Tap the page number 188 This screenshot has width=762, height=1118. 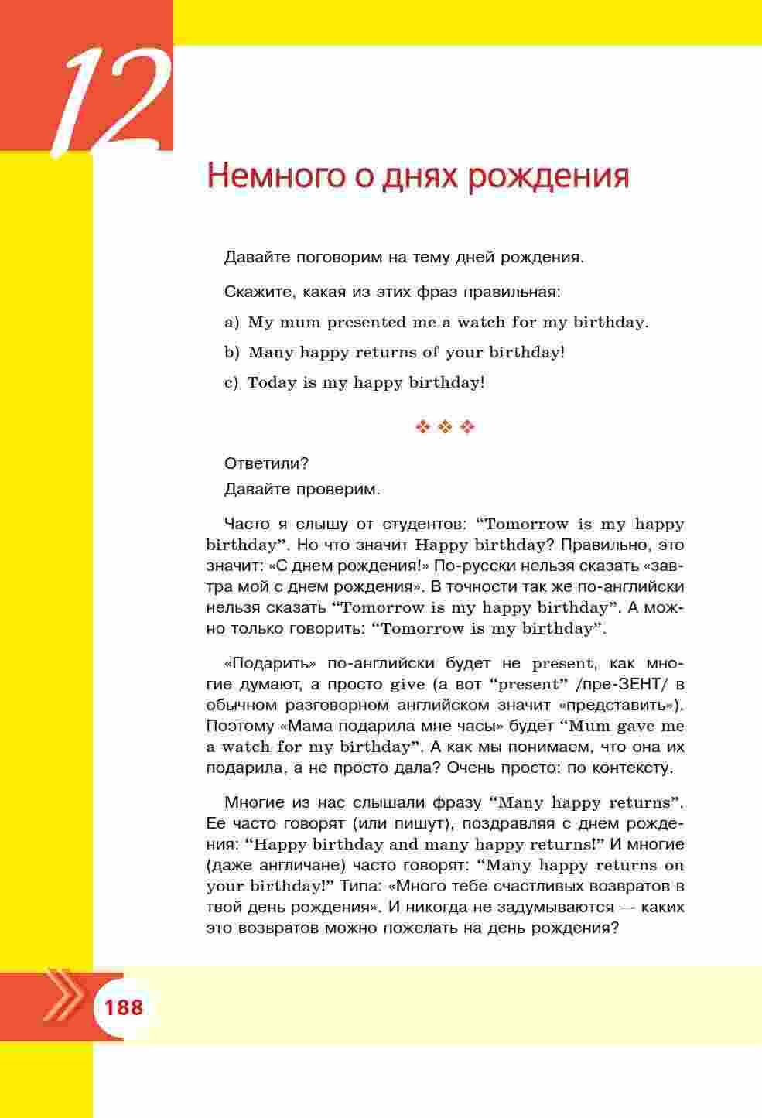click(x=124, y=1007)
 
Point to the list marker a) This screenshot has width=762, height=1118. click(x=232, y=323)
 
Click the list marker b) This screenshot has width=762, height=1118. click(x=232, y=353)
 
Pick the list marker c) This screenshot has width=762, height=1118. click(x=231, y=383)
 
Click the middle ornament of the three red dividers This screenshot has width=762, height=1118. click(x=445, y=427)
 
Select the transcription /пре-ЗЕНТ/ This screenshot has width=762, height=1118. click(x=614, y=684)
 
